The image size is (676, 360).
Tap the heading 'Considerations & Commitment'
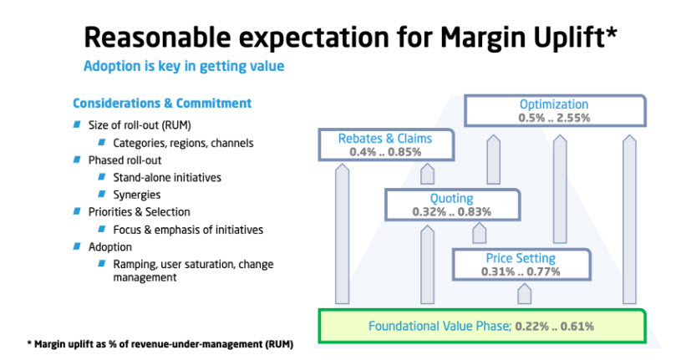click(x=162, y=104)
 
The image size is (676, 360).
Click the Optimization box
click(x=554, y=110)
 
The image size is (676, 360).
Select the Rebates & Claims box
click(x=385, y=145)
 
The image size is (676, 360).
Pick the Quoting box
click(x=451, y=205)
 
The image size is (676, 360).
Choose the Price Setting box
click(x=520, y=264)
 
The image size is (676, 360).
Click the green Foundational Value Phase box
click(x=482, y=326)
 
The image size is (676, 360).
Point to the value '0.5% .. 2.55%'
click(x=554, y=119)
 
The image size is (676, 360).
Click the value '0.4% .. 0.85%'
click(x=385, y=152)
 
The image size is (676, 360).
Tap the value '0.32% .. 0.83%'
click(x=451, y=212)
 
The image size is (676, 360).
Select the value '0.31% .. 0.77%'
click(x=520, y=271)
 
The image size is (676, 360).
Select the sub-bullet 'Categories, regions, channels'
click(x=183, y=143)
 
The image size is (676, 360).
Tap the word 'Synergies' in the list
click(x=139, y=194)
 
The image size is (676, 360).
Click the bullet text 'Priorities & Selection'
click(x=140, y=211)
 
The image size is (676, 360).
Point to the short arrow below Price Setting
click(x=524, y=293)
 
